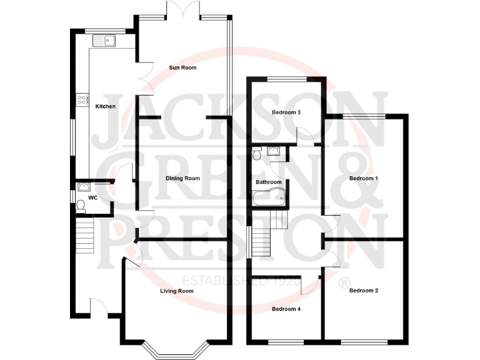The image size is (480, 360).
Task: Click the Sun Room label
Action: tap(182, 67)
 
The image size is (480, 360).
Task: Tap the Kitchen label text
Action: tap(105, 106)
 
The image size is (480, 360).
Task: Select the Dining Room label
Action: tap(182, 179)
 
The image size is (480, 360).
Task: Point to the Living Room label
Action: tap(176, 291)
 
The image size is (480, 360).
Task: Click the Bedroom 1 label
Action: tap(364, 179)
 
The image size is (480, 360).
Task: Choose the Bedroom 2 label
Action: tap(364, 291)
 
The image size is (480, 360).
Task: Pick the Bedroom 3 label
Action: tap(287, 112)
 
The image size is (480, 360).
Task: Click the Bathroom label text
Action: tap(269, 182)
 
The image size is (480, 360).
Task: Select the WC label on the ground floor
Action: tap(92, 197)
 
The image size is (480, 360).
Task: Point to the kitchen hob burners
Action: tap(81, 98)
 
